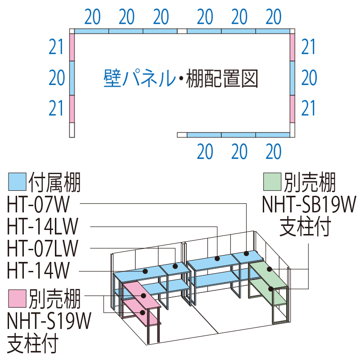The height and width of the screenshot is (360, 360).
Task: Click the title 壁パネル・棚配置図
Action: [x=180, y=78]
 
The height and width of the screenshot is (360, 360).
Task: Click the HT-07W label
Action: [x=39, y=203]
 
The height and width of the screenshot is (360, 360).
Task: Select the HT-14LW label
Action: [x=43, y=226]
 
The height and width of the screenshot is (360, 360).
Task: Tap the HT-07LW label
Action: [x=43, y=249]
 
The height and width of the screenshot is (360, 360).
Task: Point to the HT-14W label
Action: [x=39, y=271]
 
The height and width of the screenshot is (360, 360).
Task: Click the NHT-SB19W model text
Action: [x=309, y=203]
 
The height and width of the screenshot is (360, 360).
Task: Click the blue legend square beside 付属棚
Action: [x=17, y=182]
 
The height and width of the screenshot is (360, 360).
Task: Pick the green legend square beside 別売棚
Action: [x=271, y=182]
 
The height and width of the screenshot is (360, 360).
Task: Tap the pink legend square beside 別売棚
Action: [x=17, y=297]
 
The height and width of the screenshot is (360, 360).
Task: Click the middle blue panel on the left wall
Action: [x=72, y=79]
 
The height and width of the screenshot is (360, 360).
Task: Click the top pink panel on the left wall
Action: [x=72, y=47]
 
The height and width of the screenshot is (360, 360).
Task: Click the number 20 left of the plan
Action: [x=57, y=78]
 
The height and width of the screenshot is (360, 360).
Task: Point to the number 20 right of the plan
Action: [x=309, y=78]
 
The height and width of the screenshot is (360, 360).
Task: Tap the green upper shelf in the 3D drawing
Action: [x=268, y=274]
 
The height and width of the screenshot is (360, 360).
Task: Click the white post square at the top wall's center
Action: [x=182, y=31]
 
